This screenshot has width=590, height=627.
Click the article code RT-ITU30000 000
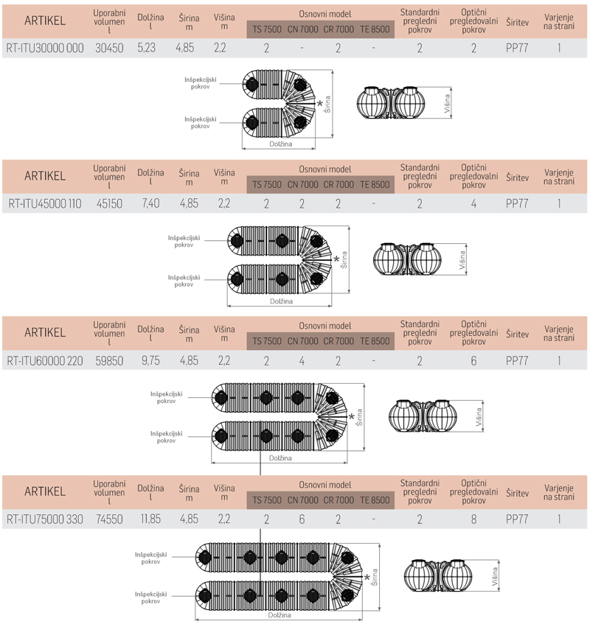(45, 49)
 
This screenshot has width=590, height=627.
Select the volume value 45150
(109, 204)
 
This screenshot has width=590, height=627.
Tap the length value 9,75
(150, 361)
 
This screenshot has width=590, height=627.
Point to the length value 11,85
(150, 519)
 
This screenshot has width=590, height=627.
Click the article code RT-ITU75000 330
(45, 519)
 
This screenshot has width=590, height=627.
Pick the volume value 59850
(109, 361)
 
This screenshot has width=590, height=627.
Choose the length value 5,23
(147, 48)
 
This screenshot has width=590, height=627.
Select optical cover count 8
(474, 519)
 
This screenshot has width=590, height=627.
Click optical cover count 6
(474, 361)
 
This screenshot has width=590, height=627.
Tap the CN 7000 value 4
(302, 361)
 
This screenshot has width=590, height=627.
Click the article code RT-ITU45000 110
(45, 204)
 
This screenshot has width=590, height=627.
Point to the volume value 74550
(109, 519)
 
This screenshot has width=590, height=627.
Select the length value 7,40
(150, 203)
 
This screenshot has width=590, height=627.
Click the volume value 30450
(109, 49)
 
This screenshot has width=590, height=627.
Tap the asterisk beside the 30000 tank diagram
(320, 105)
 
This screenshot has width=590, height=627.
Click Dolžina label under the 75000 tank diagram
(280, 615)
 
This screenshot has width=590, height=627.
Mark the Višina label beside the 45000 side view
(462, 260)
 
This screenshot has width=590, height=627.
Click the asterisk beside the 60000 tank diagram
(352, 417)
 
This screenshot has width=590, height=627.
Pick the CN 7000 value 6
(302, 519)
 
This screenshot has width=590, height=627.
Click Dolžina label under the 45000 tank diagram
(281, 301)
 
